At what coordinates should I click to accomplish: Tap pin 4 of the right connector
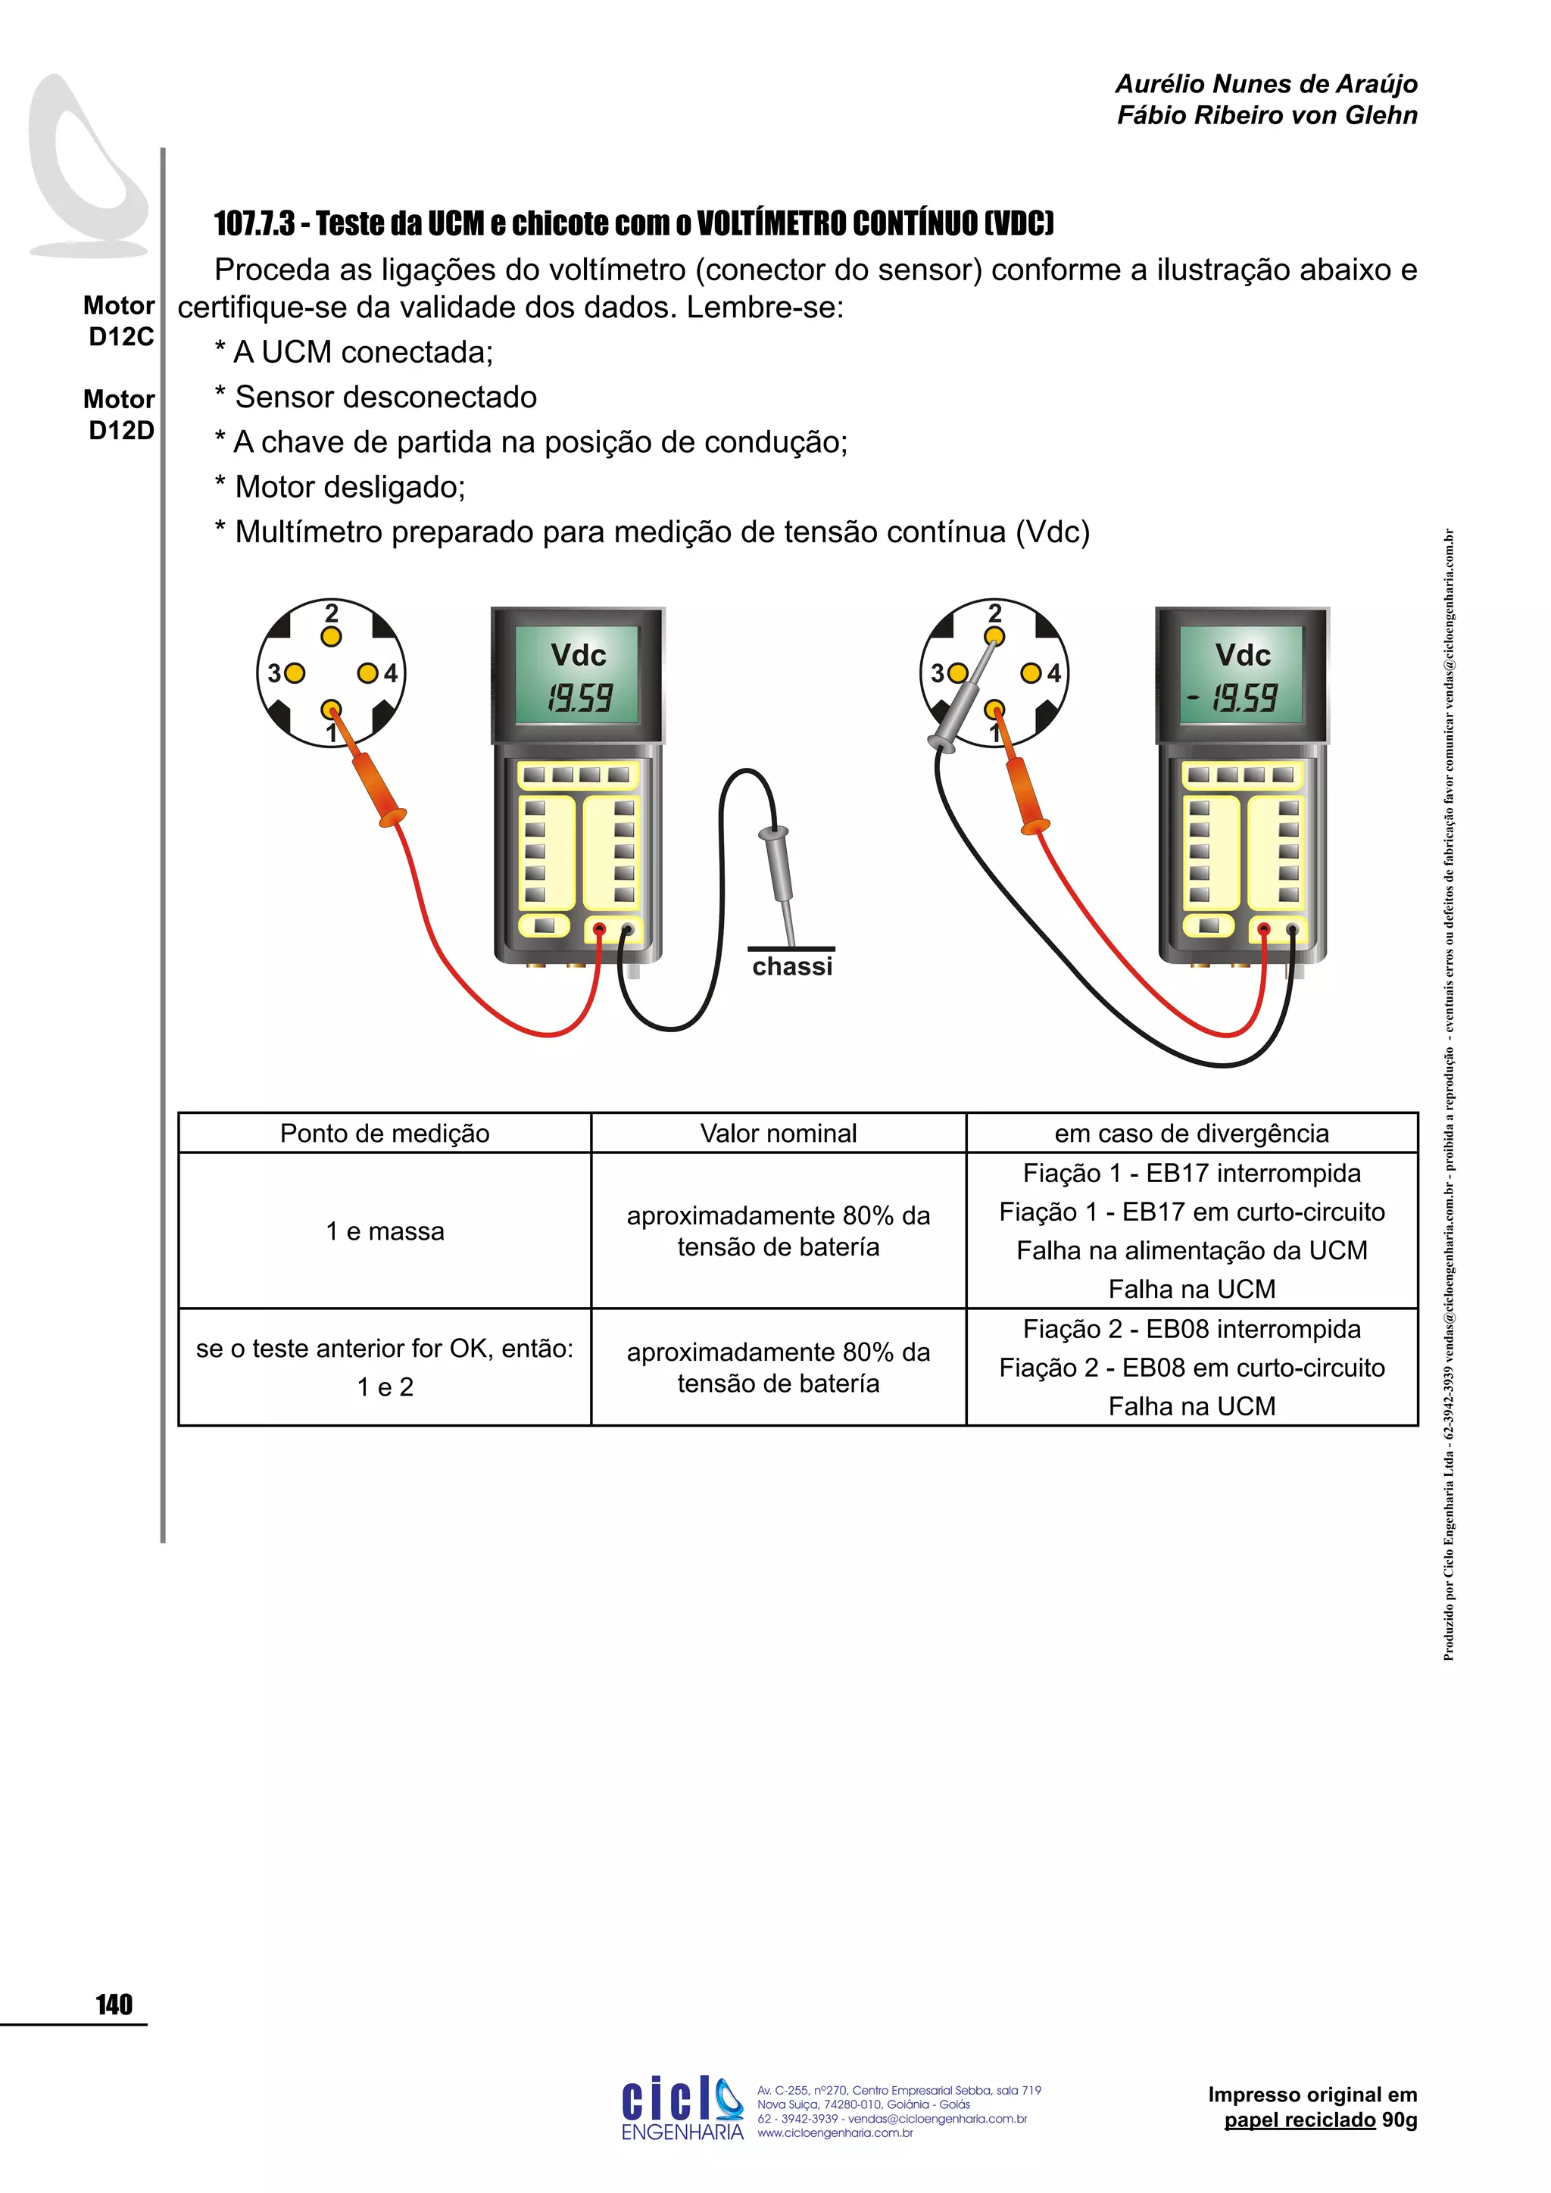[x=1031, y=673]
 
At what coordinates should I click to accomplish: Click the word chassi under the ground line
[x=791, y=966]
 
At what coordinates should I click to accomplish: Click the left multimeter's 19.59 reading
[x=579, y=698]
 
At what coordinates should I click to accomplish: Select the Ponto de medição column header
[x=384, y=1133]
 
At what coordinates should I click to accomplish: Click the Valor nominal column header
[x=779, y=1133]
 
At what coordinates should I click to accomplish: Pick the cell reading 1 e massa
[x=385, y=1231]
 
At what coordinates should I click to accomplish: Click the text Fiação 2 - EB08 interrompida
[x=1192, y=1329]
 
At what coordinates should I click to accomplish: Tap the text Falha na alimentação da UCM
[x=1192, y=1250]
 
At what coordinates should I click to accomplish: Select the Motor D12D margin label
[x=120, y=414]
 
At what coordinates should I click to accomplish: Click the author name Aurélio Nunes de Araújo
[x=1265, y=84]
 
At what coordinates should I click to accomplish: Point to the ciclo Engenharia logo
[x=681, y=2107]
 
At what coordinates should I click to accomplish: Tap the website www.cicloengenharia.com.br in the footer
[x=835, y=2133]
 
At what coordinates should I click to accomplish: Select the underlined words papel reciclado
[x=1299, y=2120]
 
